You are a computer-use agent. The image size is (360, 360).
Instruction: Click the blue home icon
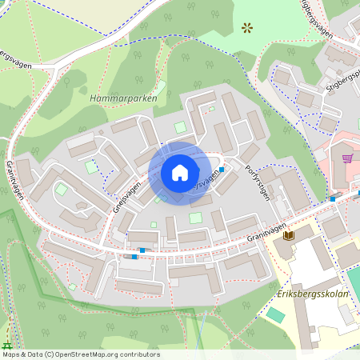180,172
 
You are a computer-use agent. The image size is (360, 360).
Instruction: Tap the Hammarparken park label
123,98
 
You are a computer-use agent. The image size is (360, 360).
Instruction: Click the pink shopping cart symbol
347,158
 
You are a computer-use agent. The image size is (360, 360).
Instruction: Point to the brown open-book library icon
289,236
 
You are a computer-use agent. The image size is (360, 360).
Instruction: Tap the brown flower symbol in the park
246,27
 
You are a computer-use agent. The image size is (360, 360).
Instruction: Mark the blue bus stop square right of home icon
222,169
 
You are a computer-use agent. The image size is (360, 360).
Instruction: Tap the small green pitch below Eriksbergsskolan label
276,314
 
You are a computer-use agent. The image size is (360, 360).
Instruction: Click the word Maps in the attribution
12,354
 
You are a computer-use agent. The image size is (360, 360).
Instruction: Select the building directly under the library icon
286,254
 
